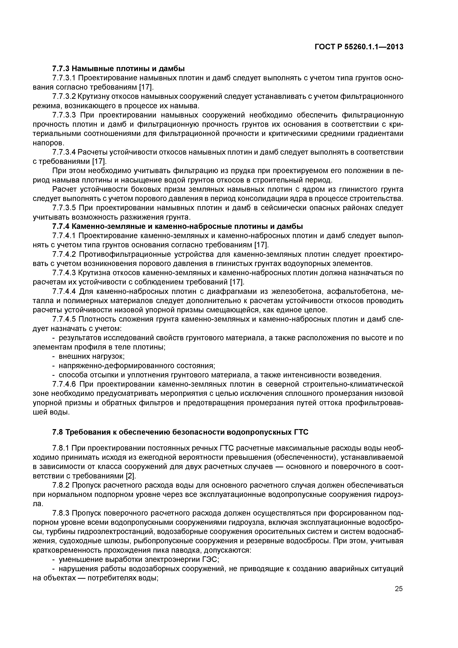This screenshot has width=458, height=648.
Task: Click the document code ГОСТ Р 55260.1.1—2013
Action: point(359,47)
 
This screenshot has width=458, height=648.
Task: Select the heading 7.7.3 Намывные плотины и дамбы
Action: point(119,69)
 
